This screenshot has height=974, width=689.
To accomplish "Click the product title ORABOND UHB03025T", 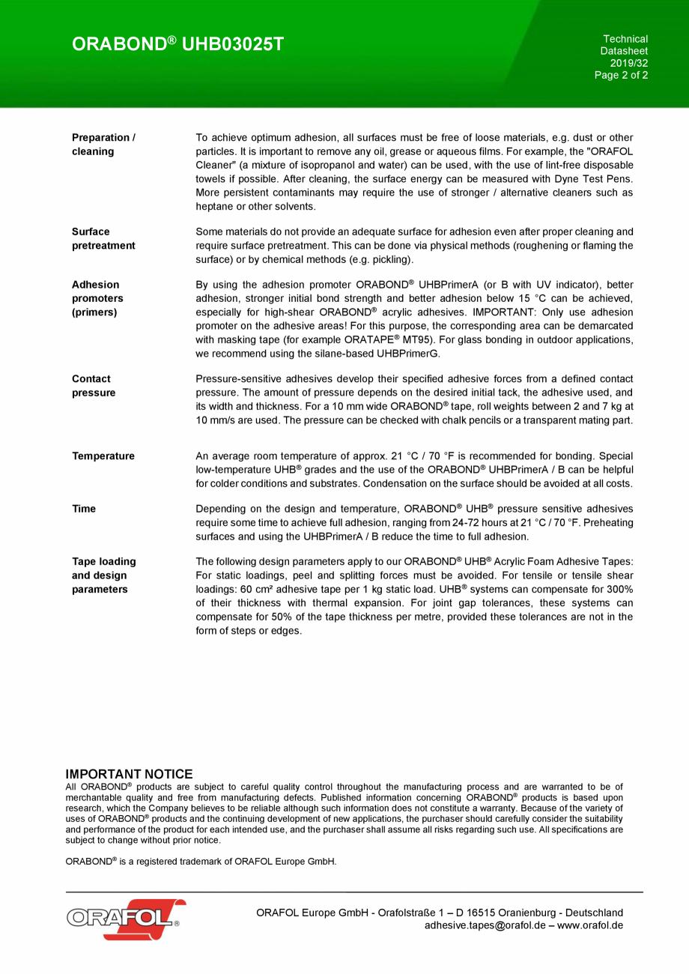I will (177, 44).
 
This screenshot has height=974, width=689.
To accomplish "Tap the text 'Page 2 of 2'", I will (621, 75).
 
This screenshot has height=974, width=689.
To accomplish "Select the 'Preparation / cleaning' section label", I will (103, 144).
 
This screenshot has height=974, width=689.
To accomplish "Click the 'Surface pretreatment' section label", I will (103, 238).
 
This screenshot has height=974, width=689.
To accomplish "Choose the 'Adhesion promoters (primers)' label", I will (97, 298).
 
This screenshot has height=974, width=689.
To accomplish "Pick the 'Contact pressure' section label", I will (94, 386).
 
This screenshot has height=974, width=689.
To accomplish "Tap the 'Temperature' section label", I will (103, 456).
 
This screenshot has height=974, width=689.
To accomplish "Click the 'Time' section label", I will (84, 509).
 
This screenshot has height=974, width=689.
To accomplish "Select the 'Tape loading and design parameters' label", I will (103, 575).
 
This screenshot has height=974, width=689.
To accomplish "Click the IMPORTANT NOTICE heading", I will (129, 774).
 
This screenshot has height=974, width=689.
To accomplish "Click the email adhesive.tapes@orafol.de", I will (485, 925).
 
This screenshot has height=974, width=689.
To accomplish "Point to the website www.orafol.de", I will (590, 925).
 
